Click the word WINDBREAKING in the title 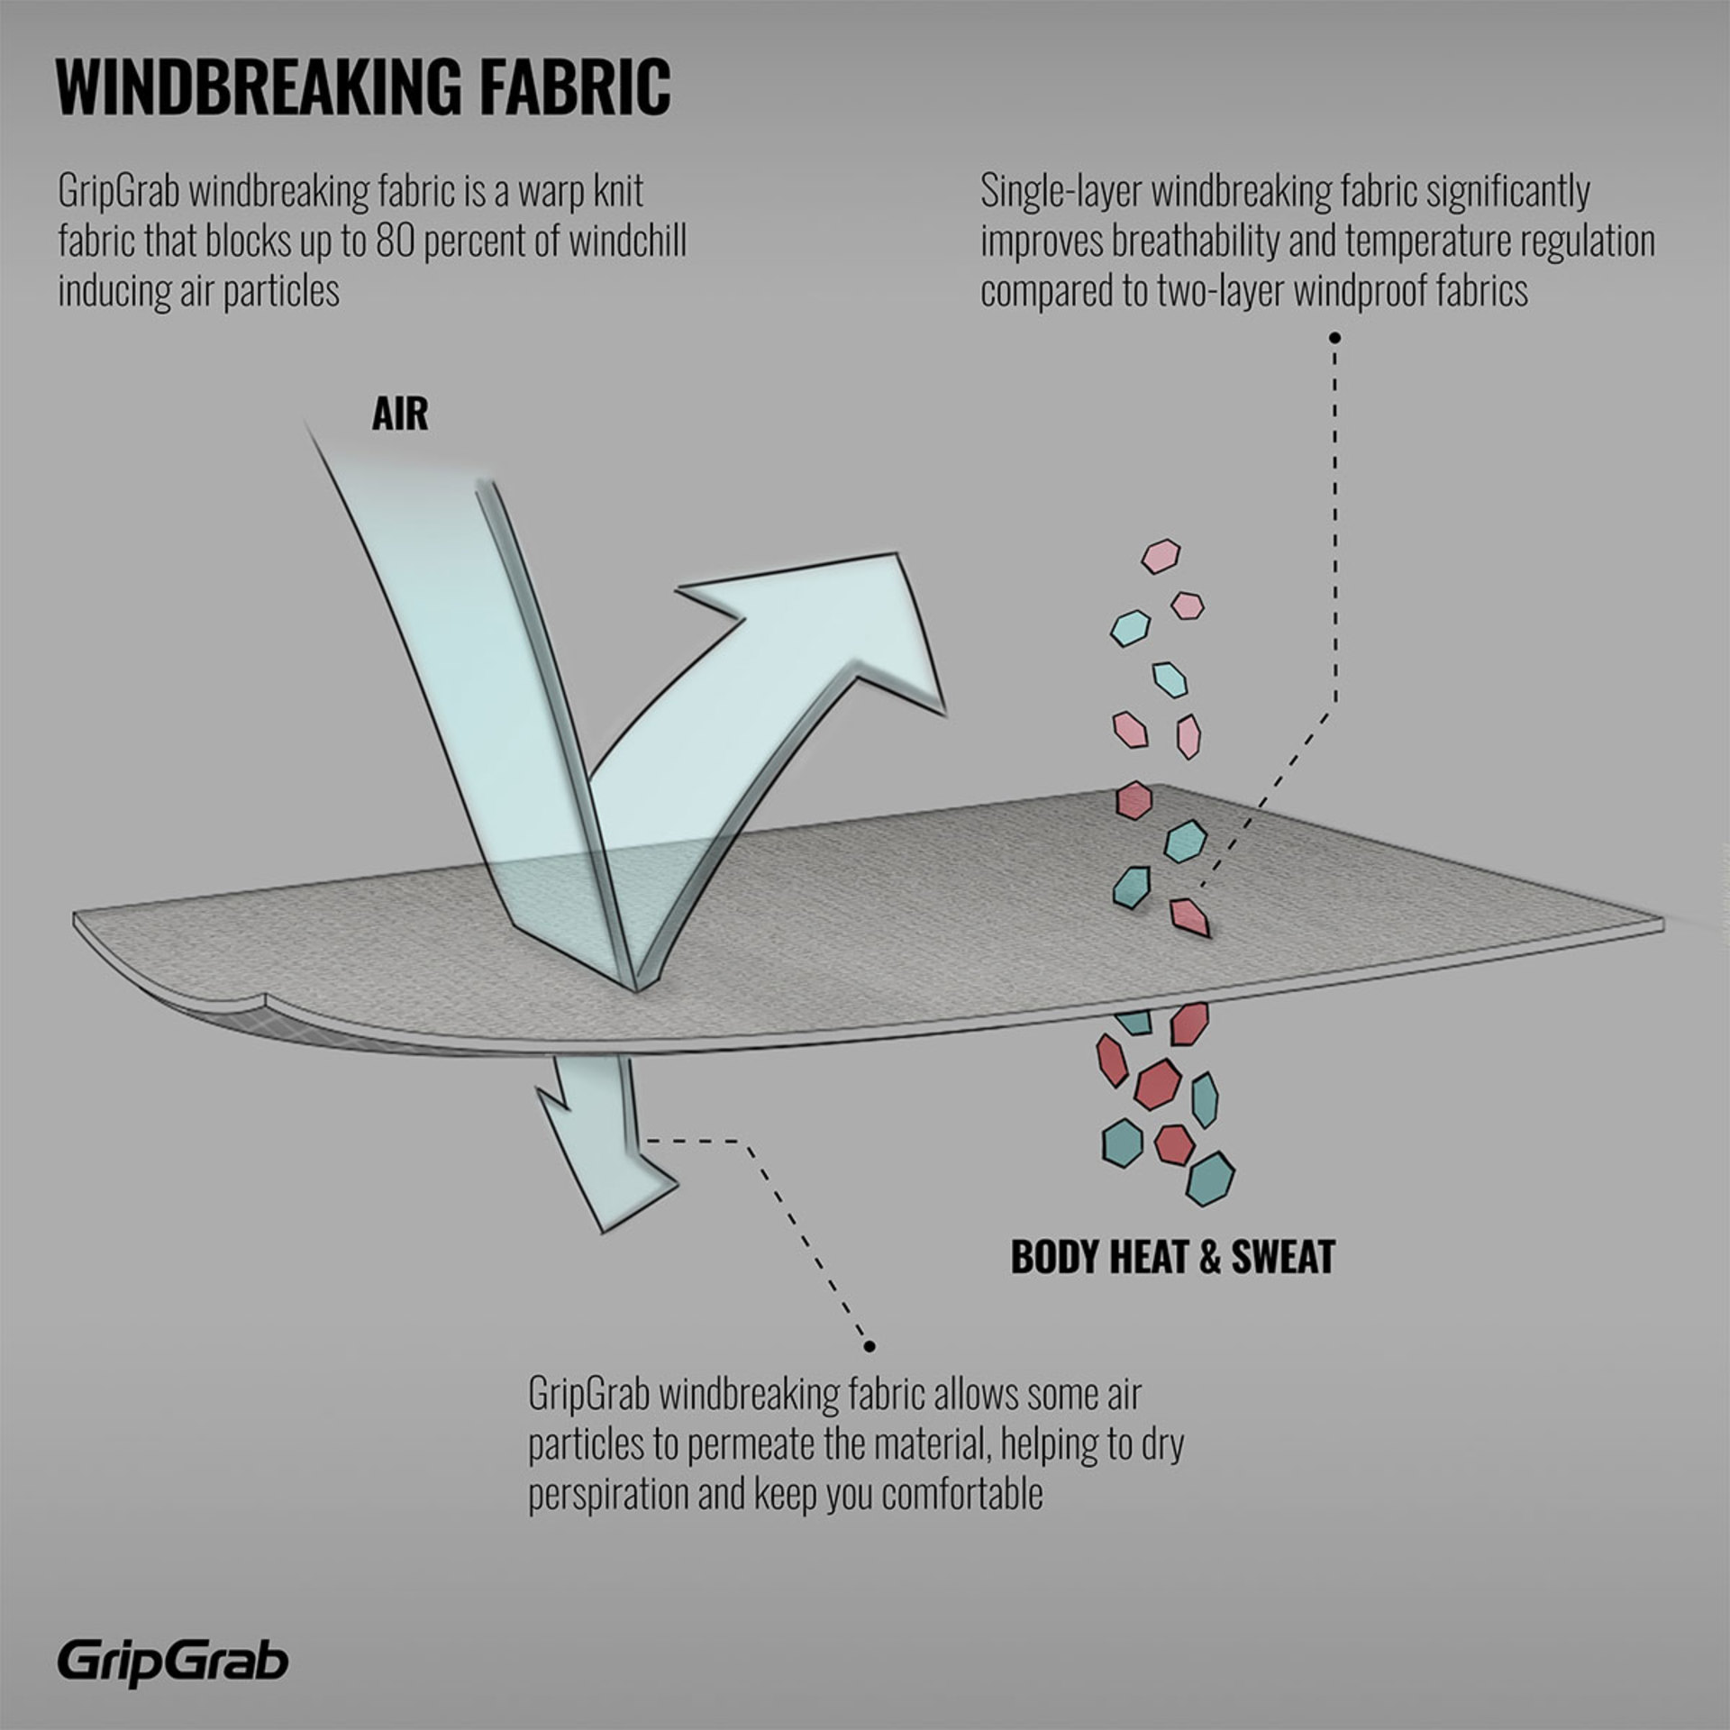(258, 87)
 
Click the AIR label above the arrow (400, 415)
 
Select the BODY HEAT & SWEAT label (1172, 1258)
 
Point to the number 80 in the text (395, 241)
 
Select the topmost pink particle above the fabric (1161, 556)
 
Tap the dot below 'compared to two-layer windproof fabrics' (1335, 338)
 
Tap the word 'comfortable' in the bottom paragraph (961, 1494)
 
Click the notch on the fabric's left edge (267, 1000)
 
